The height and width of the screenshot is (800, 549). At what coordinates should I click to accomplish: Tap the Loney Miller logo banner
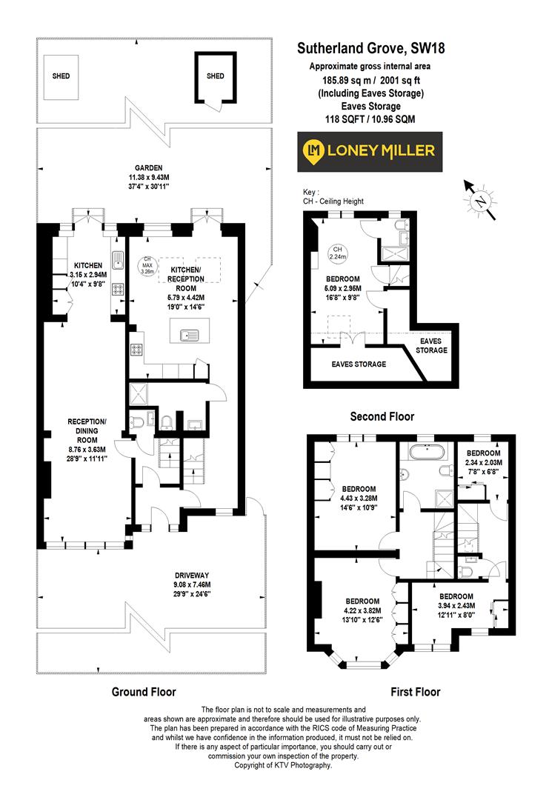tap(370, 151)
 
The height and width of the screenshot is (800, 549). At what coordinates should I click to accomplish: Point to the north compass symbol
tap(481, 199)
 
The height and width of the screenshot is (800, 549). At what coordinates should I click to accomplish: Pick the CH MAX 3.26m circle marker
tap(144, 264)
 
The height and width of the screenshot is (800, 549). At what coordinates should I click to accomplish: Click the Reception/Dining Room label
tap(87, 440)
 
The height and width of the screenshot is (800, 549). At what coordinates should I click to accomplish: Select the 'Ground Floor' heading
tap(144, 692)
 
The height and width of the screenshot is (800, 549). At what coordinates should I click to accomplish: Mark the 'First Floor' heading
tap(415, 692)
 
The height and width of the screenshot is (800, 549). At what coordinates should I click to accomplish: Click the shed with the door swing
tap(215, 79)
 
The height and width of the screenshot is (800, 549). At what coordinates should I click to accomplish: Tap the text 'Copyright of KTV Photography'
tap(282, 765)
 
